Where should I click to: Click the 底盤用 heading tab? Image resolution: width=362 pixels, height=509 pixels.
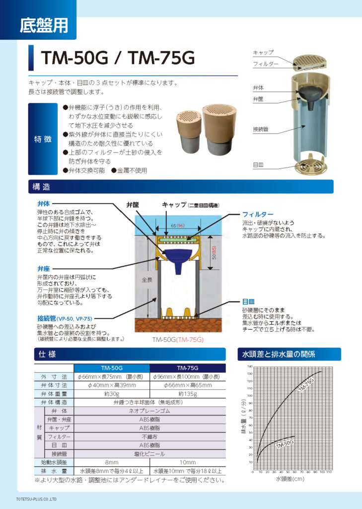coord(44,25)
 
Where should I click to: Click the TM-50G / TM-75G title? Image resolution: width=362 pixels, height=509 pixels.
coord(118,59)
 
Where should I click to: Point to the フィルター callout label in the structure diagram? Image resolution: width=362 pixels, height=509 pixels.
coord(258,214)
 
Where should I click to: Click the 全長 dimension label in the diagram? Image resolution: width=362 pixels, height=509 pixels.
coord(146,280)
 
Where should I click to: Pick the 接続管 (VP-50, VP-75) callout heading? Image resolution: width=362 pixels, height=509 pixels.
coord(64,318)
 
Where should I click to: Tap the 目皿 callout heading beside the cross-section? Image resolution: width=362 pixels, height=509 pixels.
coord(248,301)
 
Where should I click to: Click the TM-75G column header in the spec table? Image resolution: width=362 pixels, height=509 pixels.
coord(187,368)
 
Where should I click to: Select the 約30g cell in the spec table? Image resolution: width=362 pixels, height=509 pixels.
coord(111,394)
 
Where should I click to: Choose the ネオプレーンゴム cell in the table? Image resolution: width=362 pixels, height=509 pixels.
coord(149,411)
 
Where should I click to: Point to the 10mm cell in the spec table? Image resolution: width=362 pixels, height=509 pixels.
coord(187,462)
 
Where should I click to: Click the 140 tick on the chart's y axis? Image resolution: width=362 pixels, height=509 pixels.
coord(249,367)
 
